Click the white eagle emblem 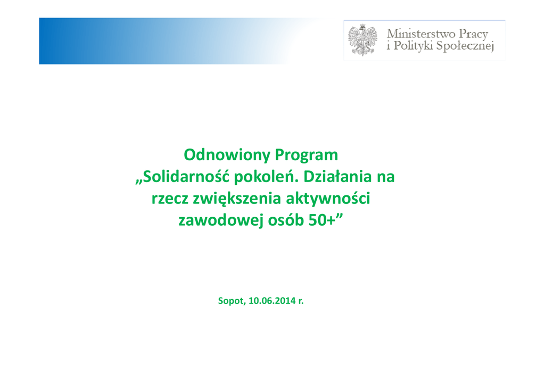pyautogui.click(x=362, y=40)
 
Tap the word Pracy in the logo pyautogui.click(x=473, y=35)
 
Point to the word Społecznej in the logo pyautogui.click(x=465, y=46)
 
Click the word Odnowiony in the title pyautogui.click(x=227, y=155)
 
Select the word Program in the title pyautogui.click(x=307, y=155)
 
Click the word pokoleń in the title pyautogui.click(x=266, y=177)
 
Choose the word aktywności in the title pyautogui.click(x=328, y=198)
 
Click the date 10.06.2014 pyautogui.click(x=272, y=300)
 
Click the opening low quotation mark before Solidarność pyautogui.click(x=139, y=182)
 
